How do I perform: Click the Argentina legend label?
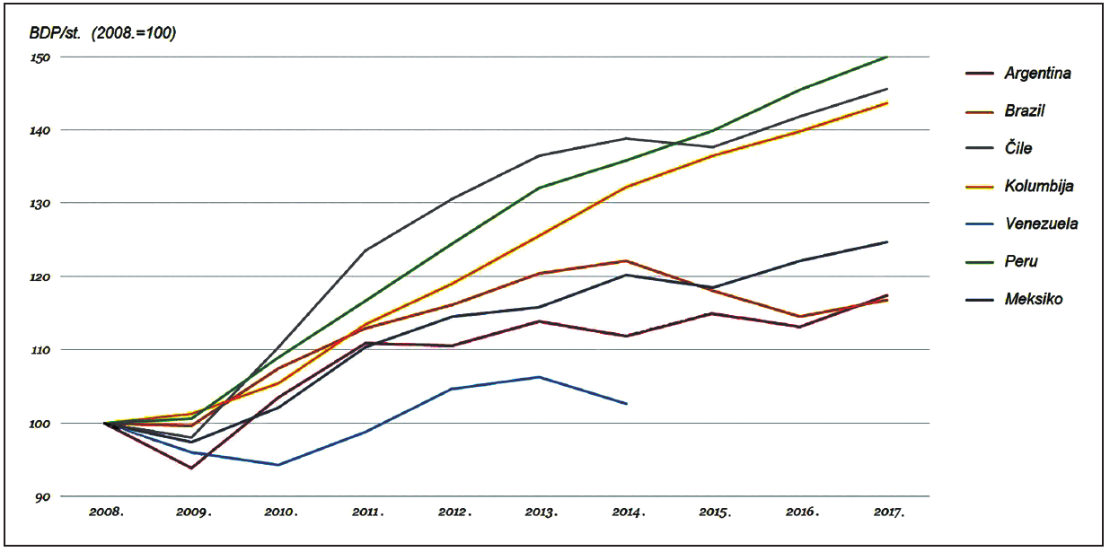coord(1037,74)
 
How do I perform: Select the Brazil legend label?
coord(1025,111)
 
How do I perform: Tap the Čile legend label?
coord(1018,148)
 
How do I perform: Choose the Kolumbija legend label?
coord(1039,186)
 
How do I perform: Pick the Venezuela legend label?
coord(1041,223)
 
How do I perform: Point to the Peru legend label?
coord(1021,261)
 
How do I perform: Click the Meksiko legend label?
coord(1034,299)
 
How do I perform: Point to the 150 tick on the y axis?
coord(40,57)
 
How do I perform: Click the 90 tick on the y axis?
coord(42,497)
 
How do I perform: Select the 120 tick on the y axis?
coord(40,277)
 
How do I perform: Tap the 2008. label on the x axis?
coord(107,513)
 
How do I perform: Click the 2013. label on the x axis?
coord(542,513)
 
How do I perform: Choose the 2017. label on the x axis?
coord(888,513)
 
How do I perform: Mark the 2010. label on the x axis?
coord(280,513)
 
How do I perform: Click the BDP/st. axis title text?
coord(55,33)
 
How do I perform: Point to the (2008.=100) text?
coord(134,33)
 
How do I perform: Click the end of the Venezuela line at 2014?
coord(627,404)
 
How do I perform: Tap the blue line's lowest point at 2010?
coord(278,465)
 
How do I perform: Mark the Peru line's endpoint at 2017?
coord(887,57)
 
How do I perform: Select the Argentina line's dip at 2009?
coord(192,469)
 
